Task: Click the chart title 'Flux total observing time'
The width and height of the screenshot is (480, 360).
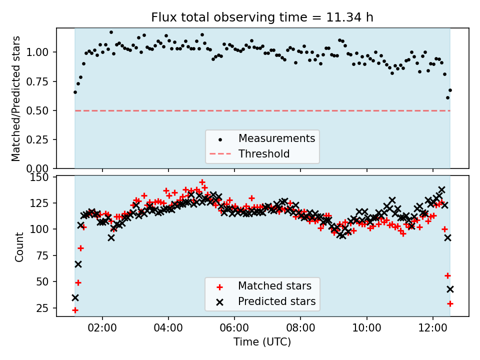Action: click(x=262, y=18)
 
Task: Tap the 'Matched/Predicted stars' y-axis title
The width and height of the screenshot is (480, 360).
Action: click(x=16, y=98)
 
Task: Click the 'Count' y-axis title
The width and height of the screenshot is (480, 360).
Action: click(x=19, y=247)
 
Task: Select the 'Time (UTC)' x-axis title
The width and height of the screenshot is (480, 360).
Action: click(x=262, y=342)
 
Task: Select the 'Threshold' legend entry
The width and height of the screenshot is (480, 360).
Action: click(x=263, y=153)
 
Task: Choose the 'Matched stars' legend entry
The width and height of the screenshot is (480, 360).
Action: click(x=274, y=286)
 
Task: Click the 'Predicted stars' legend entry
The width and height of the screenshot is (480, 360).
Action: click(x=276, y=301)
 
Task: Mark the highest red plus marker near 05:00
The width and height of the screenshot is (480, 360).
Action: click(x=202, y=182)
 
